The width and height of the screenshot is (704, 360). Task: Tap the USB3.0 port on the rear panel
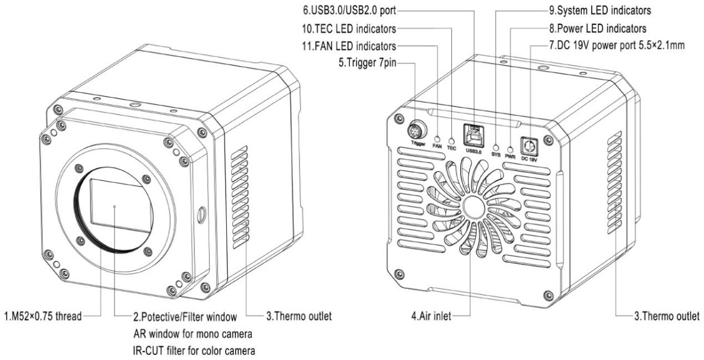pos(472,132)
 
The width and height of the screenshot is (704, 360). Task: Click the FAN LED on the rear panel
pos(437,139)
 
